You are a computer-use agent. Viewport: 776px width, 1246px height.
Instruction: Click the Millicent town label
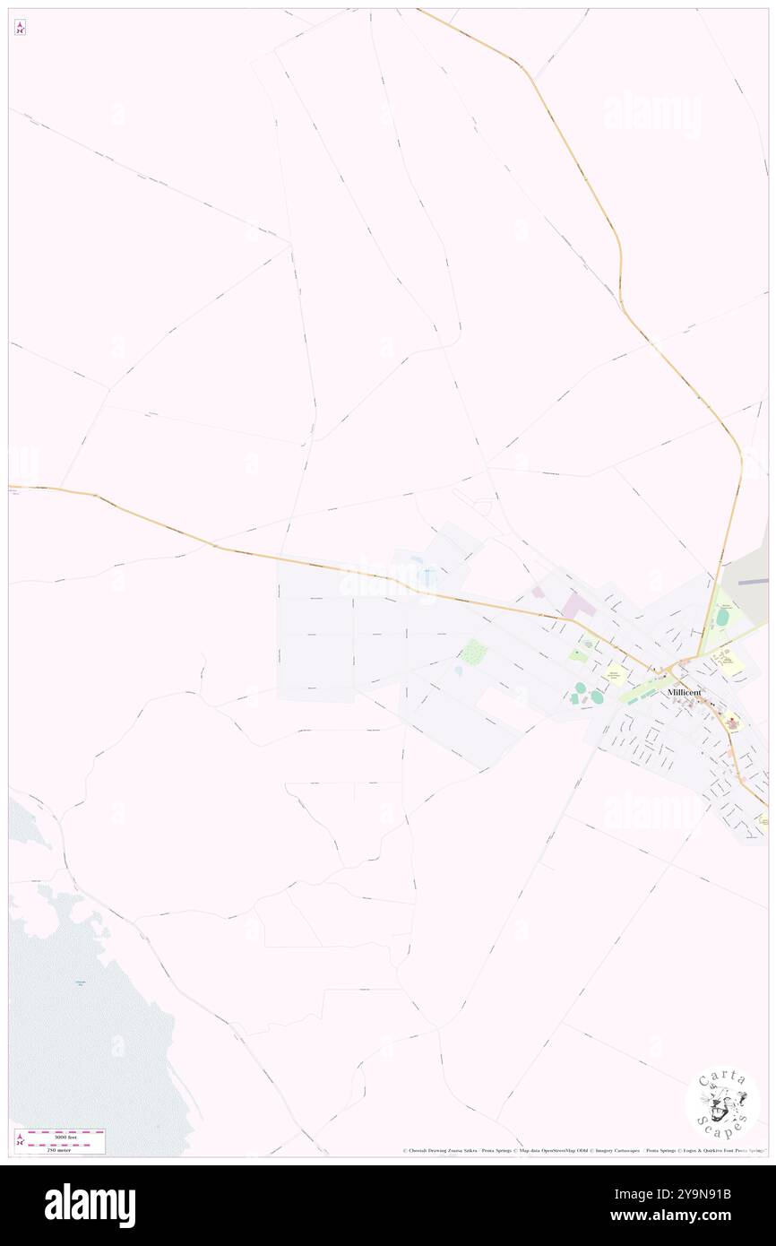pyautogui.click(x=684, y=692)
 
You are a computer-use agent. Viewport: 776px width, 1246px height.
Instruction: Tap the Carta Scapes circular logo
pyautogui.click(x=722, y=1103)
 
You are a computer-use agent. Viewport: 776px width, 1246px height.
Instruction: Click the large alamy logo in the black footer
pyautogui.click(x=90, y=1205)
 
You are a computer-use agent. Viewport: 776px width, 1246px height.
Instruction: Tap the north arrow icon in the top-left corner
pyautogui.click(x=20, y=28)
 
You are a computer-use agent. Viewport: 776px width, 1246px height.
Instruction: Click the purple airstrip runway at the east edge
pyautogui.click(x=754, y=581)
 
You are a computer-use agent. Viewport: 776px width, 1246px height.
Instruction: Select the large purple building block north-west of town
pyautogui.click(x=578, y=606)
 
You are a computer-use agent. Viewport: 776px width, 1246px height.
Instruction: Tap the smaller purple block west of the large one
pyautogui.click(x=538, y=592)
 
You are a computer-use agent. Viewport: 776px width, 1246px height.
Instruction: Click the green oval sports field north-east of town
pyautogui.click(x=722, y=618)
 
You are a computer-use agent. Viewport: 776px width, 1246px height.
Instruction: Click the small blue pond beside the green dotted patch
pyautogui.click(x=459, y=670)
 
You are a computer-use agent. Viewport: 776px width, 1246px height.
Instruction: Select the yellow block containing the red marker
pyautogui.click(x=731, y=723)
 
